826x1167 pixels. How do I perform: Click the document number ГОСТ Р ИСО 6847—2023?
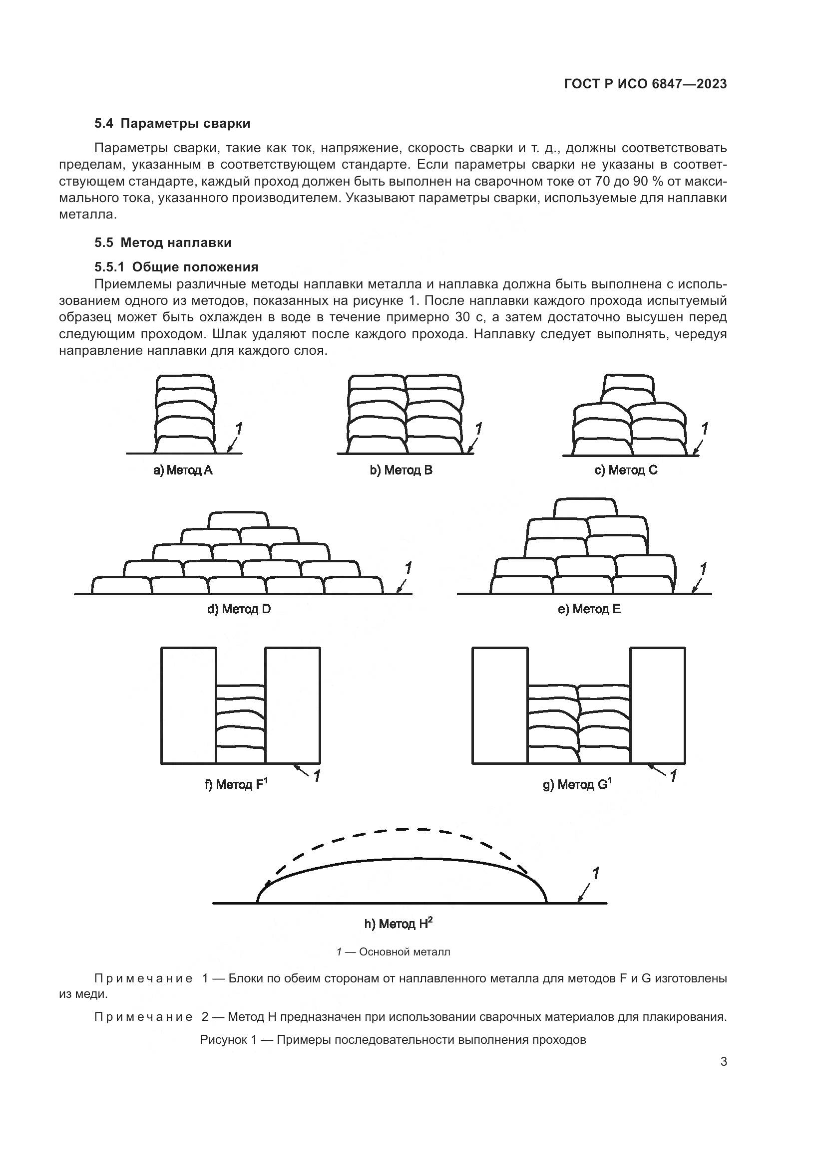point(645,84)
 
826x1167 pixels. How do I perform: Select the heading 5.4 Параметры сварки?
point(172,124)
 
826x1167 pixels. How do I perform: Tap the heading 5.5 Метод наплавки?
point(163,242)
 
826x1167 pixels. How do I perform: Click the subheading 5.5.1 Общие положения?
point(176,267)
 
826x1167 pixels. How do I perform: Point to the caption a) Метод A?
point(183,470)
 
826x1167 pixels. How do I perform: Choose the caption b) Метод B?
point(401,470)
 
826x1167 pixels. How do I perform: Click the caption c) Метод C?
point(626,470)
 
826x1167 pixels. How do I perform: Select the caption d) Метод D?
point(239,609)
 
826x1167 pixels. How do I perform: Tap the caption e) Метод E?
point(589,609)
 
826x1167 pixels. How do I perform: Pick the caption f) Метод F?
point(236,784)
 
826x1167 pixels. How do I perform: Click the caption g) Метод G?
point(577,784)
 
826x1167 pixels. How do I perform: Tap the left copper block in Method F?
point(189,705)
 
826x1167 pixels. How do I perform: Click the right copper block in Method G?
point(658,705)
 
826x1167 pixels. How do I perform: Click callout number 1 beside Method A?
point(239,430)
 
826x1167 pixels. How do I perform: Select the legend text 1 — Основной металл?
point(393,951)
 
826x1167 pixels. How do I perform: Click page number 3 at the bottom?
point(723,1062)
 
